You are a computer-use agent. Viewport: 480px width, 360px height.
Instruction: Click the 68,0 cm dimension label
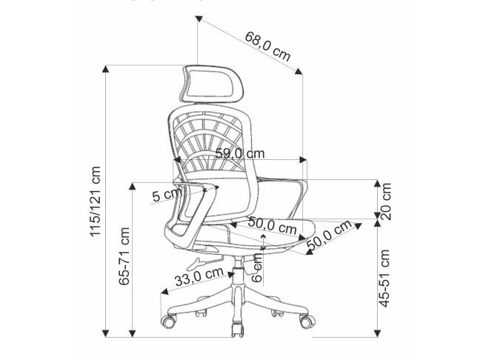[x=267, y=46]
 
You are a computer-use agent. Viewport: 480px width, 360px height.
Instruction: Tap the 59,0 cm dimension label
[x=240, y=153]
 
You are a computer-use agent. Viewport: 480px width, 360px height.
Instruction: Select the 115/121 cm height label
[x=96, y=201]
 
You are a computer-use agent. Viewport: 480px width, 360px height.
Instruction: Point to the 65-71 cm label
[x=124, y=256]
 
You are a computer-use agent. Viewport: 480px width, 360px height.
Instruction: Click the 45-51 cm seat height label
[x=384, y=278]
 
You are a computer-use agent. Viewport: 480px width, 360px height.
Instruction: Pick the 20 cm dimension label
[x=386, y=201]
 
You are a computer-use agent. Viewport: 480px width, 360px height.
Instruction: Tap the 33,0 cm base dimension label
[x=199, y=276]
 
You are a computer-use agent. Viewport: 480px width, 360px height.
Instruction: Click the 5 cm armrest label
[x=167, y=195]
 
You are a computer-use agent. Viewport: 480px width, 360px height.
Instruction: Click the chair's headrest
[x=211, y=84]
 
